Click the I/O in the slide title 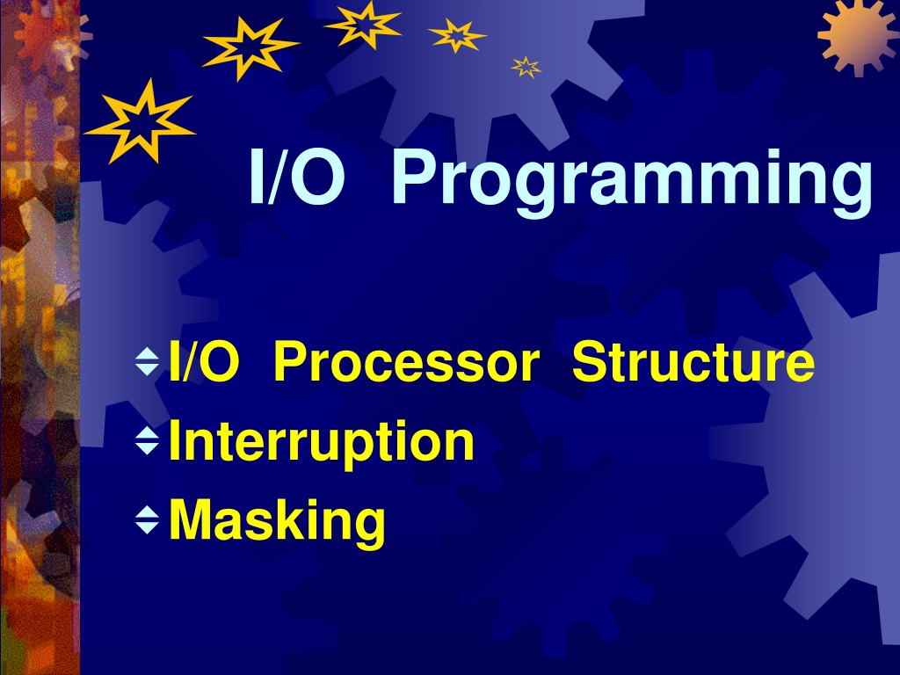(x=297, y=177)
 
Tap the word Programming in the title (x=632, y=183)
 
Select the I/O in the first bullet (x=204, y=361)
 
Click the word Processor (x=406, y=361)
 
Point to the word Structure (x=693, y=361)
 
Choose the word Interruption (x=322, y=442)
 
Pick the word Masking (x=277, y=520)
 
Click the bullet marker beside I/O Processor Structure (x=148, y=361)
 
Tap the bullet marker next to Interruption (x=148, y=441)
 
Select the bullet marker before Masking (x=148, y=520)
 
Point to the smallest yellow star (x=526, y=67)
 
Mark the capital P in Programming (x=415, y=177)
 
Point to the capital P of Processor (x=291, y=361)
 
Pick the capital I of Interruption (x=174, y=440)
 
